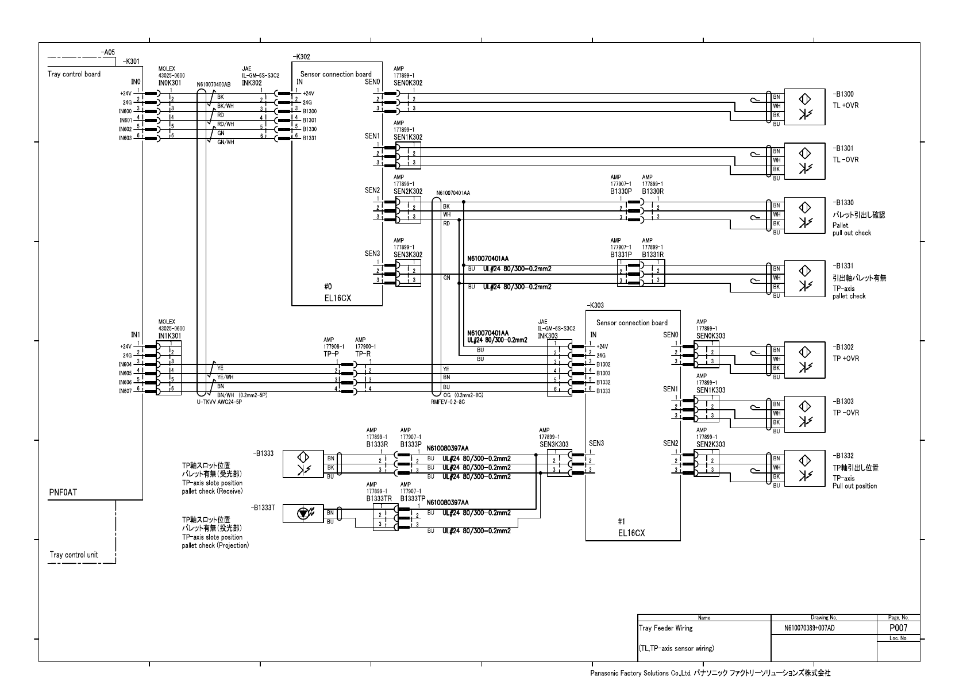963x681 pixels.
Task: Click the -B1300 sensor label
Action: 843,94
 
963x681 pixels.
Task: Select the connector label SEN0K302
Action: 408,83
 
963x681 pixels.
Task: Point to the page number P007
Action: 897,628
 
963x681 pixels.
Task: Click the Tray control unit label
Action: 74,555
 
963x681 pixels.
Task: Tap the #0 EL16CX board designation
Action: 337,293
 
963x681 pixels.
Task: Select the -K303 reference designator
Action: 596,306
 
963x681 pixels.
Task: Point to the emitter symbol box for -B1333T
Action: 303,514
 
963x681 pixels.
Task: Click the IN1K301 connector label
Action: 170,336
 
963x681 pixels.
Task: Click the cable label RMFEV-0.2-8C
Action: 448,402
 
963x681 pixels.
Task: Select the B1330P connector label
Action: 621,191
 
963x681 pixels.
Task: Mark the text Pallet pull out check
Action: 852,229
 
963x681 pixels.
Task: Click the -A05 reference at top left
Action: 107,52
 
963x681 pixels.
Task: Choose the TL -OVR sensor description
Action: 846,160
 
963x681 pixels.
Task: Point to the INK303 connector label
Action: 548,336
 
